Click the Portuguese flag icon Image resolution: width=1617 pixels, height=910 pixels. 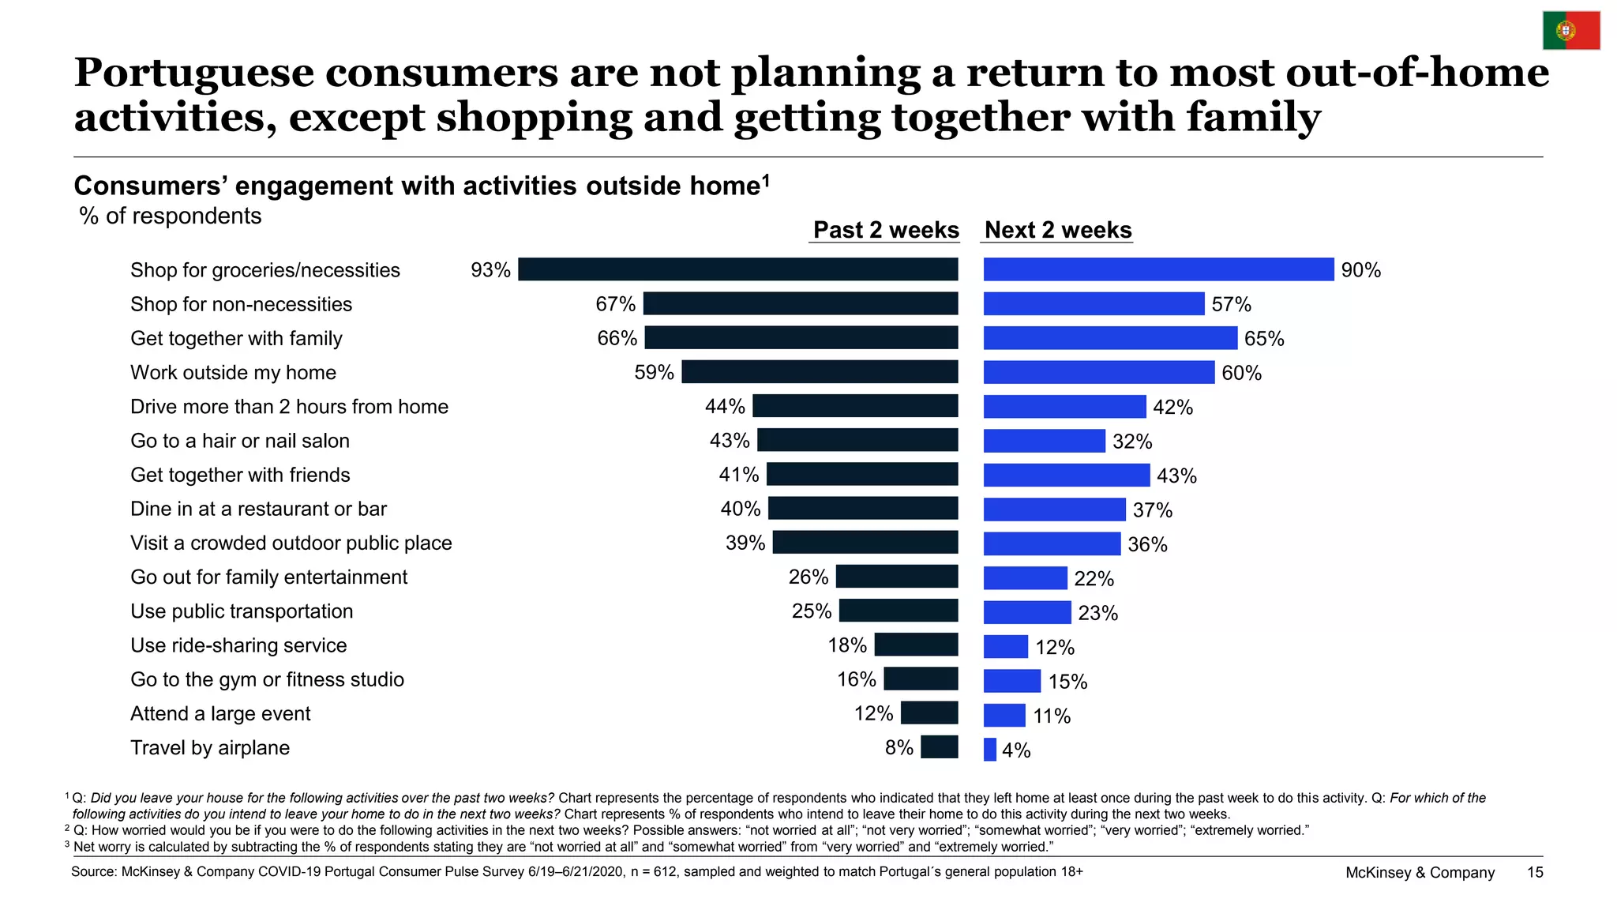[1571, 31]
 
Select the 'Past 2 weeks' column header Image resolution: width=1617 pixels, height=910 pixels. [886, 230]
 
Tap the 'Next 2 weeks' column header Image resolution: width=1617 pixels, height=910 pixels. [1058, 230]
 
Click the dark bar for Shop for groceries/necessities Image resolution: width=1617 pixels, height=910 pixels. [738, 269]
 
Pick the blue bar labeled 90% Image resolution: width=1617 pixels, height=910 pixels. [1159, 269]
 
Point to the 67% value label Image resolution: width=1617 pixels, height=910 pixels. [616, 304]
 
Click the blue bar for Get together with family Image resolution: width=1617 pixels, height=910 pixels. [1110, 338]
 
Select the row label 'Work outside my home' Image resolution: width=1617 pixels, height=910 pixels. [233, 372]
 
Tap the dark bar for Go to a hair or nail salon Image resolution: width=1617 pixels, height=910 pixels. [857, 440]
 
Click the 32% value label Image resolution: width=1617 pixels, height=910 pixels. [1132, 442]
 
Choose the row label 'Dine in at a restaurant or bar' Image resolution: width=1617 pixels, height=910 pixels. [258, 509]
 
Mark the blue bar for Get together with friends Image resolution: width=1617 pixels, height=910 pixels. [1067, 475]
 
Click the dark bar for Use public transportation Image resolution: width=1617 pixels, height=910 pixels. [899, 611]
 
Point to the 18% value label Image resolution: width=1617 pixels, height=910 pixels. [847, 645]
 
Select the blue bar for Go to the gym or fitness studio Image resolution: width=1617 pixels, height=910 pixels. [1012, 680]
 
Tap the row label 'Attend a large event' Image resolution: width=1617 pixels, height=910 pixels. [220, 713]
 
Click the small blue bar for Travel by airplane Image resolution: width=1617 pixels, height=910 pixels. [990, 749]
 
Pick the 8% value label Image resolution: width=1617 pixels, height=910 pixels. [899, 747]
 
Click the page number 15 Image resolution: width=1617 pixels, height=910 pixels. [1535, 872]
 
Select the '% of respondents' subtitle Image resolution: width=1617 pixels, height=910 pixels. [171, 216]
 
